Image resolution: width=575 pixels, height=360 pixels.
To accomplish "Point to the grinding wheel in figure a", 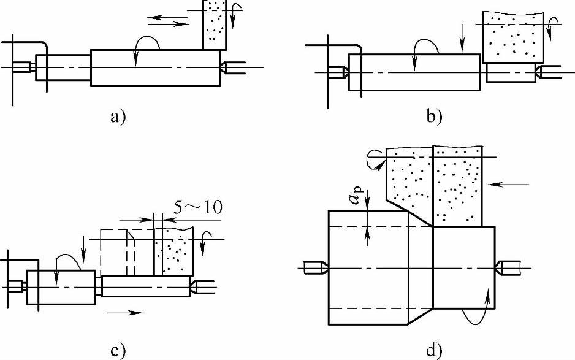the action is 215,25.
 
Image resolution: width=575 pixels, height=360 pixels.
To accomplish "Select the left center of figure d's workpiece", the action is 316,267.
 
